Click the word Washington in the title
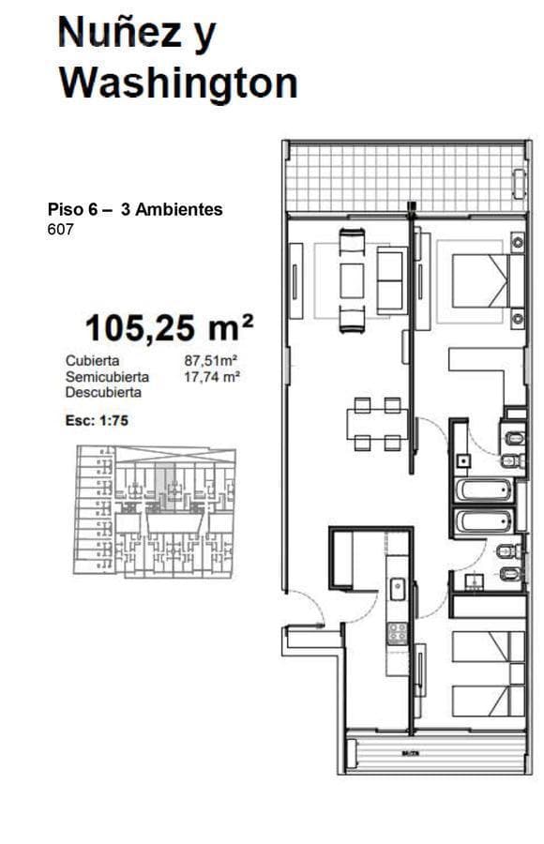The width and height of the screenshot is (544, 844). [x=178, y=83]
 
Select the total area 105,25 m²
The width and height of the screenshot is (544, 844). [x=169, y=328]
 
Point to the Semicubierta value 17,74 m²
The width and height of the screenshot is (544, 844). [x=212, y=376]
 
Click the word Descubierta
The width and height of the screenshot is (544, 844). [x=103, y=392]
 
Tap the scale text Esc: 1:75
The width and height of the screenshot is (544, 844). [x=97, y=421]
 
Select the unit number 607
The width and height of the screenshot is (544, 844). [x=59, y=228]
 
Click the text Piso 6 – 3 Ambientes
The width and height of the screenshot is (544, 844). [x=135, y=210]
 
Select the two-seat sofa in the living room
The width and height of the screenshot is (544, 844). [x=351, y=280]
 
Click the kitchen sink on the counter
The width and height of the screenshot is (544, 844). [x=398, y=589]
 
